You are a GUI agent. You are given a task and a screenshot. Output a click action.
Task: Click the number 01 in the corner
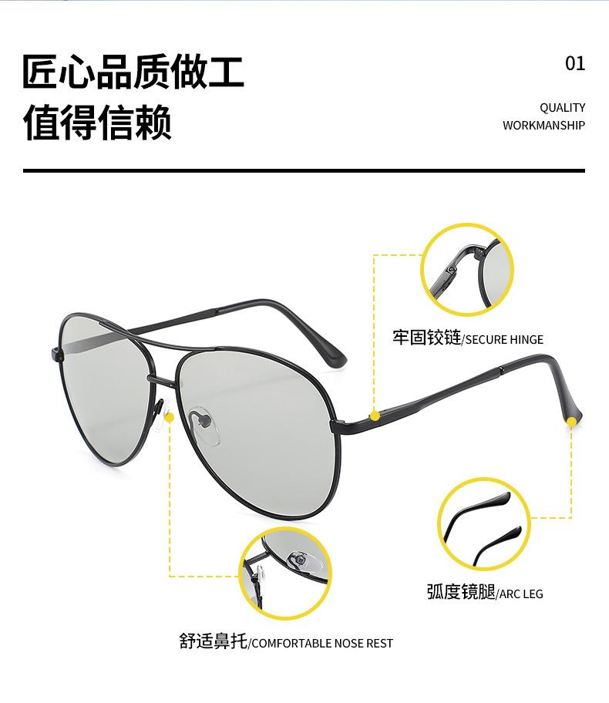point(575,64)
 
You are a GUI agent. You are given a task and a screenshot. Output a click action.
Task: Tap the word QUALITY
point(562,108)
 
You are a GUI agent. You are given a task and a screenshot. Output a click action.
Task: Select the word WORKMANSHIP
point(543,126)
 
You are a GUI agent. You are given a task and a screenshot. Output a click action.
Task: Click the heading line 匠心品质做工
point(133,72)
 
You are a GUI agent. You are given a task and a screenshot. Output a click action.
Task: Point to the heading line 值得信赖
point(97,123)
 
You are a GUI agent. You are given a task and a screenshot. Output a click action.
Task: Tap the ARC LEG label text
point(520,594)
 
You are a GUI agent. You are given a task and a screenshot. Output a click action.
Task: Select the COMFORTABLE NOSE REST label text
point(322,644)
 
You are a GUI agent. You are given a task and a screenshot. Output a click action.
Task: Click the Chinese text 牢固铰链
point(426,338)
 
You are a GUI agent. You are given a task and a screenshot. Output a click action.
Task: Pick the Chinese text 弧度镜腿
point(460,592)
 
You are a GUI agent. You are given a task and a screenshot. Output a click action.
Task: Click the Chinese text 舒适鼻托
point(214,642)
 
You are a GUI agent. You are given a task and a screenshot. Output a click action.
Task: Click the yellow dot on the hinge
point(375,416)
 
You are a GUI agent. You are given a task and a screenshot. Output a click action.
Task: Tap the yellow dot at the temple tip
point(571,422)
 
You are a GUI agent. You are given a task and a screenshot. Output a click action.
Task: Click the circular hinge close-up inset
point(466,269)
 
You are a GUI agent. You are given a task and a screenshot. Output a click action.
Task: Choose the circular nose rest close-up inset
point(284,572)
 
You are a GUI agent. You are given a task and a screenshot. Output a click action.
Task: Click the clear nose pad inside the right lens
point(202,422)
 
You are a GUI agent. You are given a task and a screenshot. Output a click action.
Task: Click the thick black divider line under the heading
point(304,170)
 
